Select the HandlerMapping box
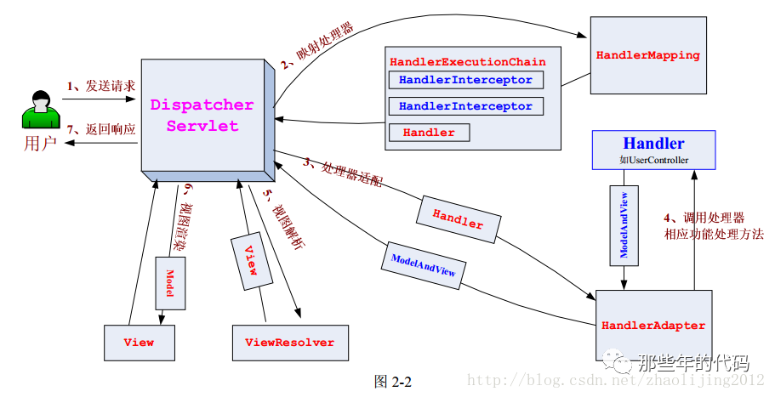[x=647, y=56]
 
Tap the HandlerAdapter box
[x=652, y=326]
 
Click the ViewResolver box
[x=289, y=343]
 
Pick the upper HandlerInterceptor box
[x=464, y=81]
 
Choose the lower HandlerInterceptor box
[x=464, y=107]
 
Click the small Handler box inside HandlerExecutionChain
[x=429, y=133]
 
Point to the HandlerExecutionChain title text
[x=467, y=62]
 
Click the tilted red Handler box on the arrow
[x=458, y=218]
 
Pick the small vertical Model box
[x=169, y=281]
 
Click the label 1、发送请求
[x=100, y=86]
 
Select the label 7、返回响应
[x=100, y=130]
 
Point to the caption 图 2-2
[x=392, y=382]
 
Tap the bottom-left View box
[x=139, y=343]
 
